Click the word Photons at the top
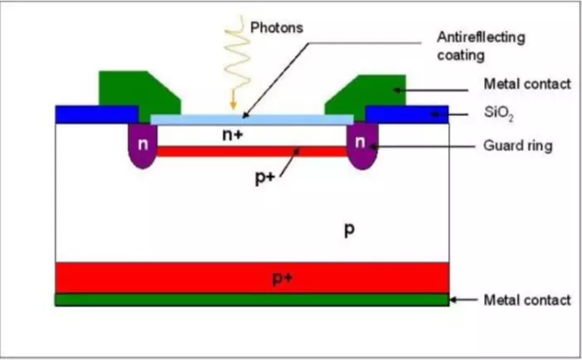[278, 27]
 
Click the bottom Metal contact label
[527, 300]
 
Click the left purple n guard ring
[141, 146]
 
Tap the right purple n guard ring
[360, 146]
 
